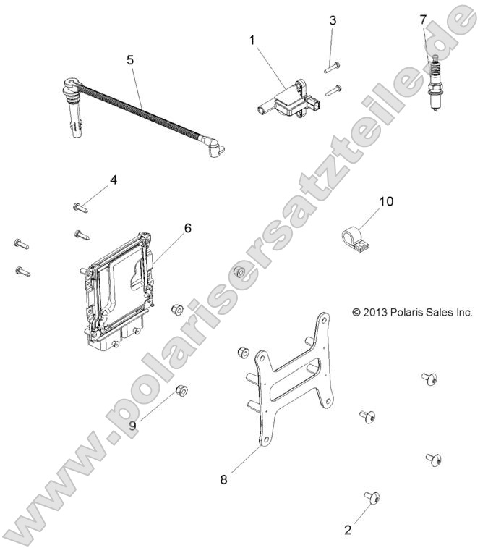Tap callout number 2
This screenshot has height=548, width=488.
(x=348, y=530)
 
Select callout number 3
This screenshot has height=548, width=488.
(x=333, y=20)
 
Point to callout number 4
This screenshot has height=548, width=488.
(x=114, y=180)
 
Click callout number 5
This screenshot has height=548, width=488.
(x=130, y=59)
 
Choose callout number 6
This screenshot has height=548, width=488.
(x=188, y=228)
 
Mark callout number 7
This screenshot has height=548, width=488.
(x=424, y=20)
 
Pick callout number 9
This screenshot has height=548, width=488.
(x=133, y=425)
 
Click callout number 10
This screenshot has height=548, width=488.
(x=386, y=201)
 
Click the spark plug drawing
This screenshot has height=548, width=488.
(x=435, y=87)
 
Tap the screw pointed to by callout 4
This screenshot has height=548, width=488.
(x=80, y=207)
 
